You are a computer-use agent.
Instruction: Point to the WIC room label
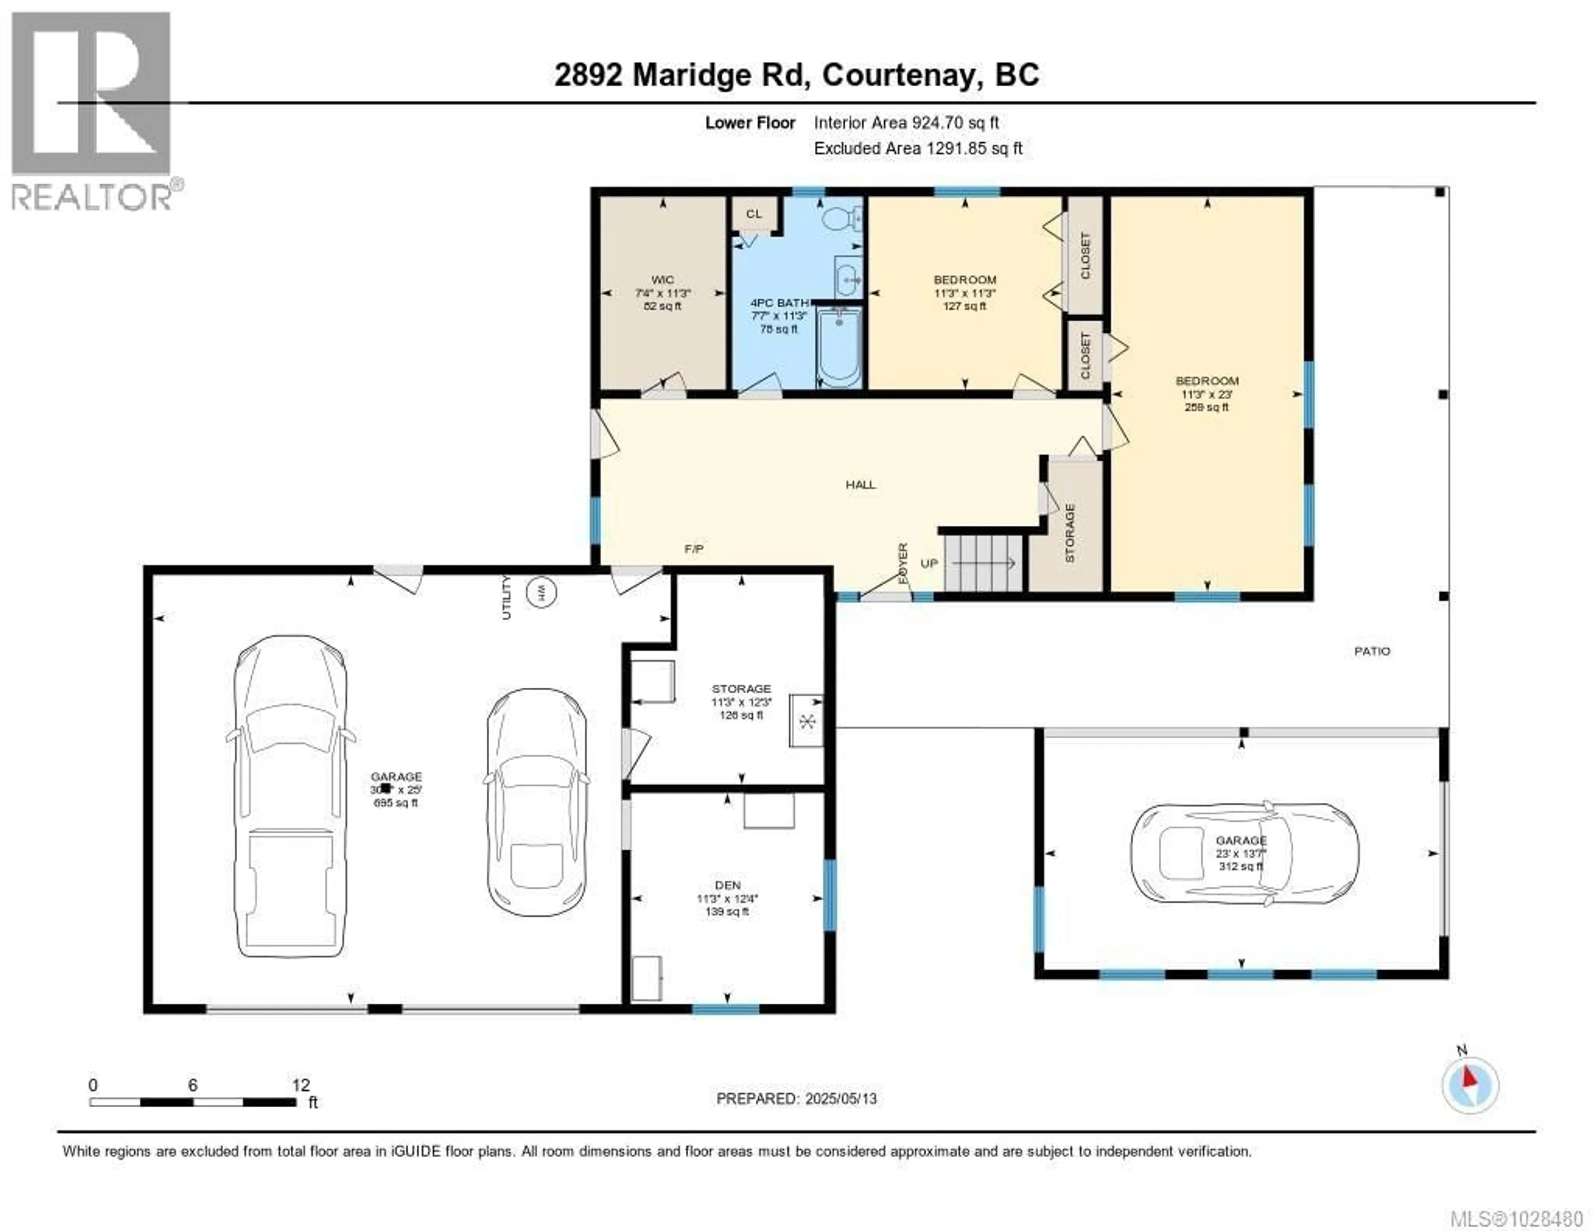pos(662,279)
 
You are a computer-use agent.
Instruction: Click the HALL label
pos(861,484)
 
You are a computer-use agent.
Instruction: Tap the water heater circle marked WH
pos(541,592)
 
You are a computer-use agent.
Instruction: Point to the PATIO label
pos(1372,651)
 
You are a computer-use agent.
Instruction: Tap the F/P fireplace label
pos(694,549)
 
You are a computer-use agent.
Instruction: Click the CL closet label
pos(753,214)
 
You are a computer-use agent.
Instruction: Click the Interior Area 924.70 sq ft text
pos(906,122)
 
